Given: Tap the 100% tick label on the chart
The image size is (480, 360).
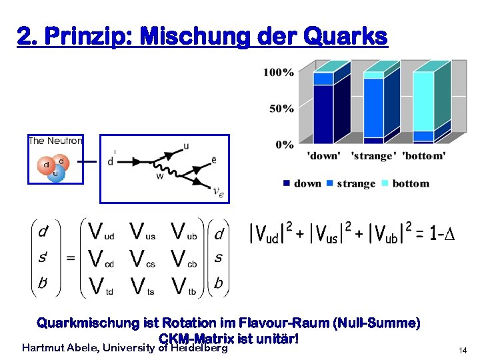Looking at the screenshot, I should click(x=279, y=72).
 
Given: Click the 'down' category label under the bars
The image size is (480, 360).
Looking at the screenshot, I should click(x=323, y=156).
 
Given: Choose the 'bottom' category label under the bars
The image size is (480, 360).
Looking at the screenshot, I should click(x=424, y=156).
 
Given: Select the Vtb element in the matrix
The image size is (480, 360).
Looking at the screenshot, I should click(x=183, y=286).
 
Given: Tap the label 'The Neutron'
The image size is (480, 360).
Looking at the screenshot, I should click(x=55, y=141).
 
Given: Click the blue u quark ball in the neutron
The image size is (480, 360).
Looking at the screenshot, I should click(x=55, y=174).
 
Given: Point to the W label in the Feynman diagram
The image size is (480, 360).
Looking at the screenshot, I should click(x=160, y=177).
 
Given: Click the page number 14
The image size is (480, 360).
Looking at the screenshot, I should click(x=463, y=350).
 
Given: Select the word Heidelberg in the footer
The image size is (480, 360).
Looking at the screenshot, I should click(x=199, y=347).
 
